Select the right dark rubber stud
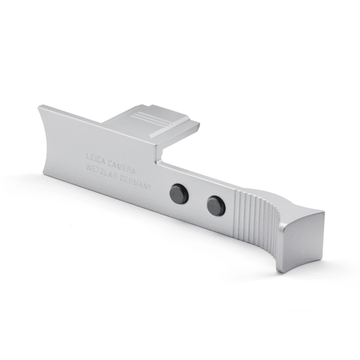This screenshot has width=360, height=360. (216, 206)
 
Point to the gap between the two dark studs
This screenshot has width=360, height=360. (197, 200)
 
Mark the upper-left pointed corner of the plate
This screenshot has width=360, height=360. (40, 107)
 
